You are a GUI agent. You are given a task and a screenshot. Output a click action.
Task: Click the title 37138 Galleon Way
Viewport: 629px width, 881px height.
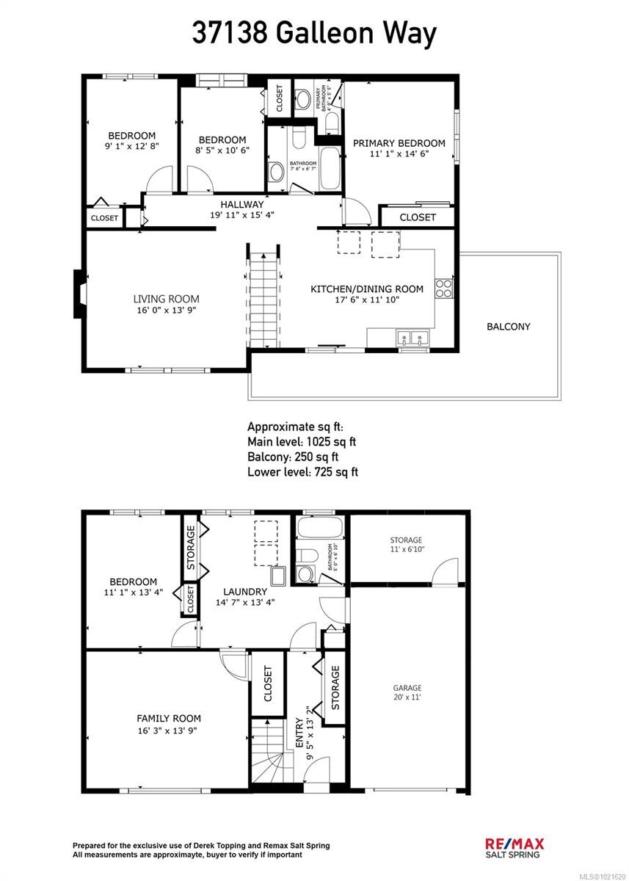coord(314,33)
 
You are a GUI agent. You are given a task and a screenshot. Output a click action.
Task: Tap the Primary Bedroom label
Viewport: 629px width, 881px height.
coord(399,143)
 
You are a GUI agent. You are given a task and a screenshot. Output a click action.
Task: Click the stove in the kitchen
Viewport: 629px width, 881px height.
coord(444,288)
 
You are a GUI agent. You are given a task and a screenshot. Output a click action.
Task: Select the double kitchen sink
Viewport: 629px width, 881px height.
coord(412,338)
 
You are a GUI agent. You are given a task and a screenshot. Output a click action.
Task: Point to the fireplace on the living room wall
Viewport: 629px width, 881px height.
coord(78,294)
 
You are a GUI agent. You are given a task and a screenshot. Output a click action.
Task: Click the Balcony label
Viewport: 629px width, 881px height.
coord(508,327)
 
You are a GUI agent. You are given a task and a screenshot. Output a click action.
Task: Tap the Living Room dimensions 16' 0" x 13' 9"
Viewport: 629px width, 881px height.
coord(166,310)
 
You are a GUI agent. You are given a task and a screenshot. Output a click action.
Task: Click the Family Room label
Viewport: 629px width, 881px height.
coord(168,718)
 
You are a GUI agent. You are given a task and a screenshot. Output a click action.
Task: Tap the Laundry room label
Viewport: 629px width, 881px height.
coord(244,591)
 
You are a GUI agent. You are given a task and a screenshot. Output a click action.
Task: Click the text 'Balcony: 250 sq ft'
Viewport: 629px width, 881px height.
coord(293,457)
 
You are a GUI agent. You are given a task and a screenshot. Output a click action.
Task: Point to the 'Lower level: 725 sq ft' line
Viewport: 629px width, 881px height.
coord(302,472)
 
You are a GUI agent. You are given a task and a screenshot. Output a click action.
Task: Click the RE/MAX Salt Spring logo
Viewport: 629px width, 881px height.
coord(514,846)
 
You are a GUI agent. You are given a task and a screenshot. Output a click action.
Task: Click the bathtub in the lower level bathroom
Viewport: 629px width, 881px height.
coord(319,528)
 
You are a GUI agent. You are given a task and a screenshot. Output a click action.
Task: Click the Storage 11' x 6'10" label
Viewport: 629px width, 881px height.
coord(405,545)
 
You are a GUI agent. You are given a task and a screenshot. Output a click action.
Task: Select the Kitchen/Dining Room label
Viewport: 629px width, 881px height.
coord(366,289)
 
